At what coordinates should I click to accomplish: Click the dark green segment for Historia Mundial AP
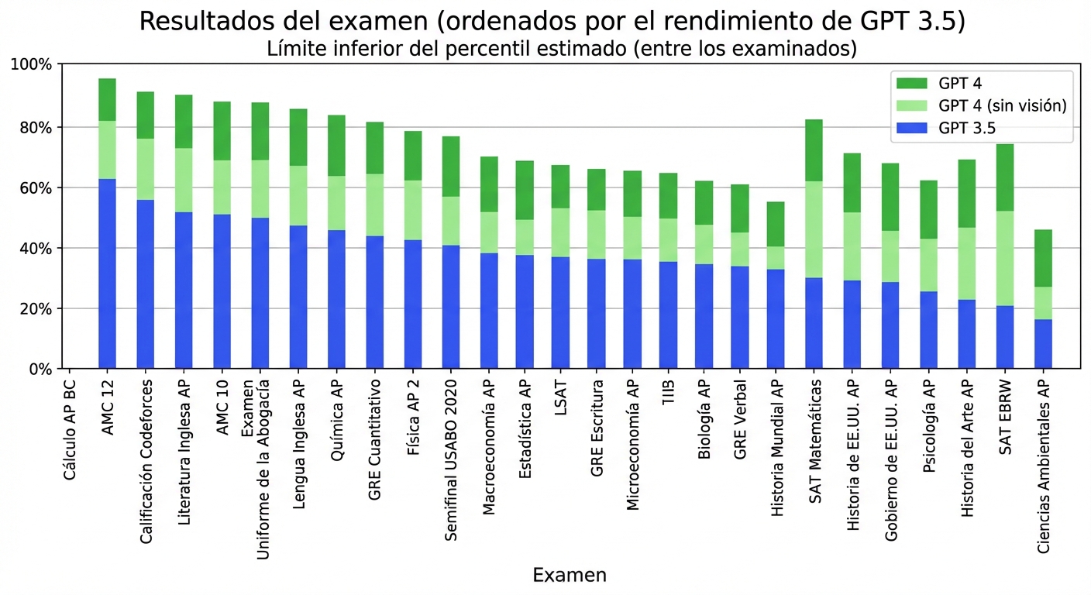[x=776, y=224]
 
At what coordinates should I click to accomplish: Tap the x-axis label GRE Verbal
[x=740, y=420]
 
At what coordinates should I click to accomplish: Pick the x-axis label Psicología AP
[x=929, y=425]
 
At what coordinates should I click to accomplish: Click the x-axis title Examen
[x=570, y=575]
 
